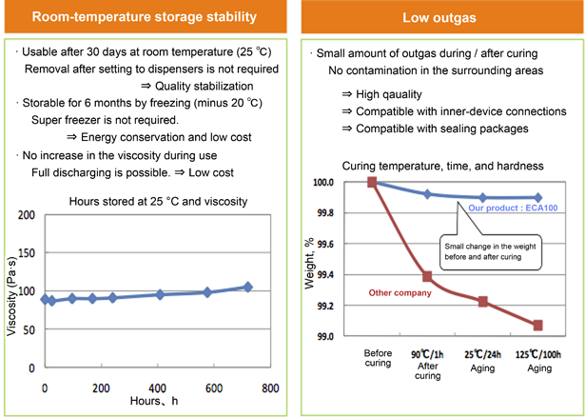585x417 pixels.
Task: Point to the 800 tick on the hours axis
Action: (270, 388)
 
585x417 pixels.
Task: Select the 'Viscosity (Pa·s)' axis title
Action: (10, 296)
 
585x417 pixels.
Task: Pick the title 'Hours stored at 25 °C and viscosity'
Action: (157, 201)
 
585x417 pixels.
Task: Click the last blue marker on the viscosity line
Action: (247, 287)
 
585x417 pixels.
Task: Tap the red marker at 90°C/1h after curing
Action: (427, 276)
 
